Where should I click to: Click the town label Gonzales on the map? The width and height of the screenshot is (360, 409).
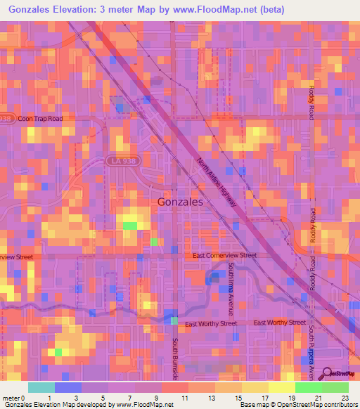click(x=181, y=201)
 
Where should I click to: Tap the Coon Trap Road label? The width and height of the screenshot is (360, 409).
click(x=40, y=119)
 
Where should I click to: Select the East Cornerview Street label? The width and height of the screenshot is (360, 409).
click(x=225, y=256)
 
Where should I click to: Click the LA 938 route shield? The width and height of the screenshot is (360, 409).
click(x=122, y=161)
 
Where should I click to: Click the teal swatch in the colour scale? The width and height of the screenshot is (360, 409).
click(x=41, y=387)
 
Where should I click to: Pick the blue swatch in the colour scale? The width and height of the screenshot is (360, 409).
click(x=67, y=387)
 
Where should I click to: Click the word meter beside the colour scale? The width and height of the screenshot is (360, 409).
click(x=11, y=398)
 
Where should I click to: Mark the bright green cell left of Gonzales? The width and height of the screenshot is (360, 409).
click(x=131, y=226)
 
